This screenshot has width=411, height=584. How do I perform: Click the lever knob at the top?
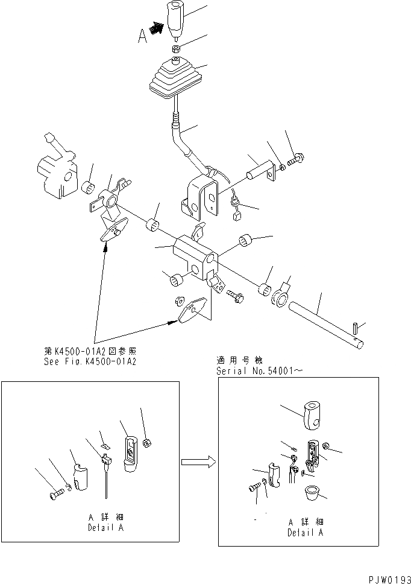[x=176, y=18]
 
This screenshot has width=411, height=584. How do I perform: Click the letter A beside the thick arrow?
[x=143, y=37]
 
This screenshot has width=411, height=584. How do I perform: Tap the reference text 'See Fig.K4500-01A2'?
[x=87, y=362]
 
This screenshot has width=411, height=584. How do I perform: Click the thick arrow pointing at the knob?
[x=157, y=28]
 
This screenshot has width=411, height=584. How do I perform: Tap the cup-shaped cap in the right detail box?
[x=312, y=494]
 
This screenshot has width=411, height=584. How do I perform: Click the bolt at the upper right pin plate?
[x=294, y=161]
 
